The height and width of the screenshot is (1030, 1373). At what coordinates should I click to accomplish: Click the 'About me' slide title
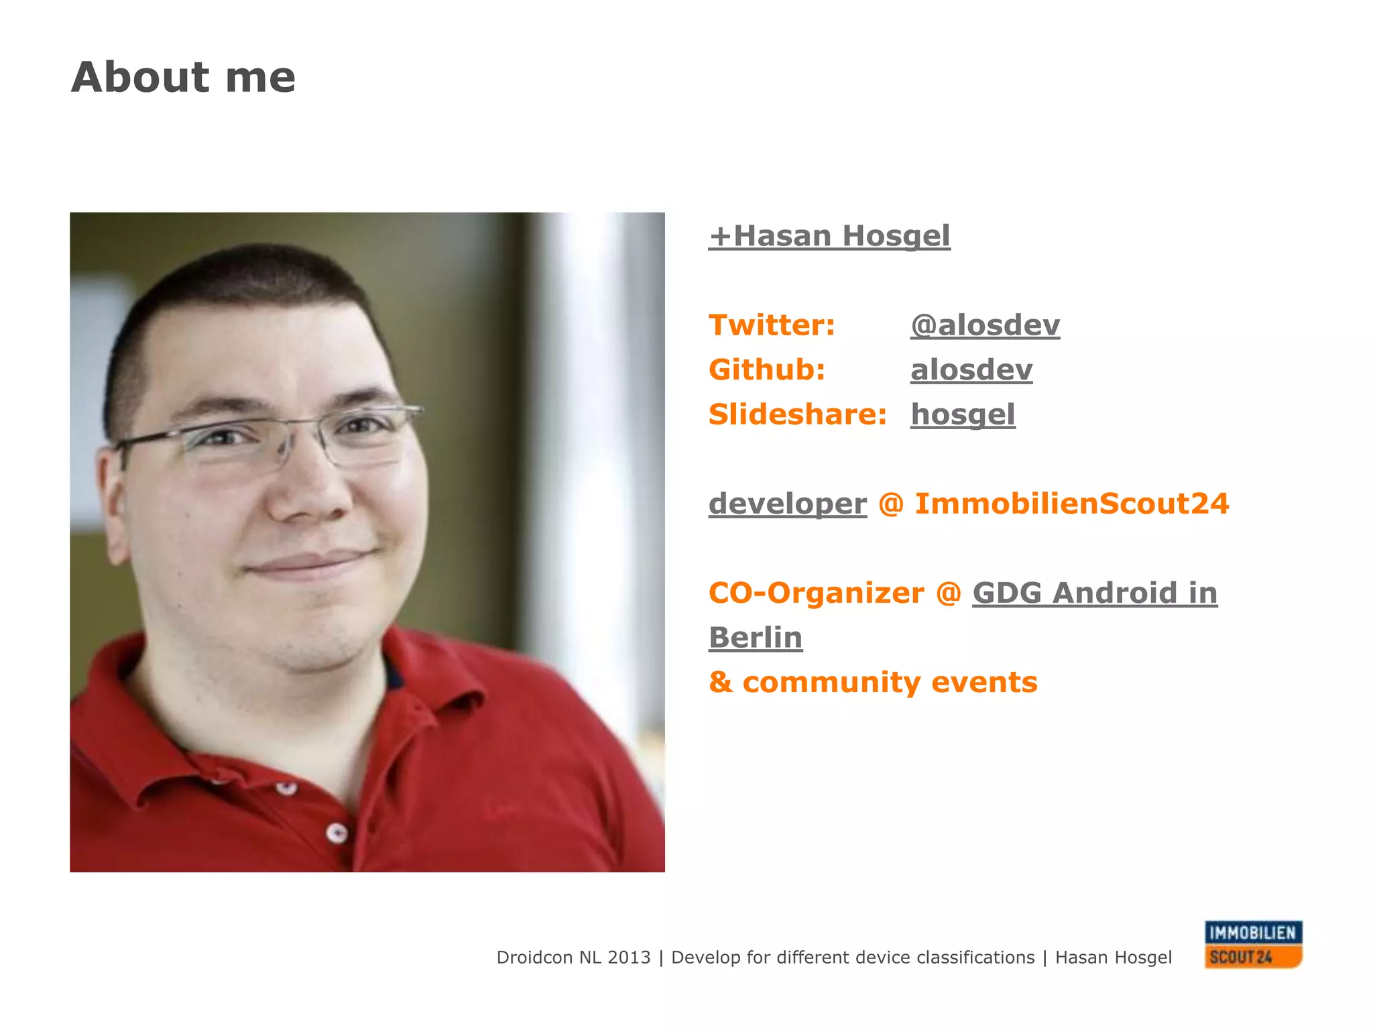(x=182, y=77)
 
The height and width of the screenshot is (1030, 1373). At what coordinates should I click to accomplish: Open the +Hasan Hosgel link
(x=829, y=236)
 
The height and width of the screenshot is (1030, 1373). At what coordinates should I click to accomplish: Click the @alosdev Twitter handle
(x=985, y=325)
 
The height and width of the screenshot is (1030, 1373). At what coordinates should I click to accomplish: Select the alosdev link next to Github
(x=971, y=370)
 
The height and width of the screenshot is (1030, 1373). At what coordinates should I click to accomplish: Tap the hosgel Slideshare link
(x=962, y=414)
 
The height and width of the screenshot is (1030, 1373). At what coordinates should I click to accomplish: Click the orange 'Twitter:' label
(x=772, y=325)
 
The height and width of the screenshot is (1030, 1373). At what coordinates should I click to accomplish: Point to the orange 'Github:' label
(x=766, y=370)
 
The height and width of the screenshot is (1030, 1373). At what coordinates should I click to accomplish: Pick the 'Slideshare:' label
(x=797, y=414)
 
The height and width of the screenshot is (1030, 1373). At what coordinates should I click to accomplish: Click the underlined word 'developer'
(x=787, y=504)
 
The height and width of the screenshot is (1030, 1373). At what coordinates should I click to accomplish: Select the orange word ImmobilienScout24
(x=1071, y=504)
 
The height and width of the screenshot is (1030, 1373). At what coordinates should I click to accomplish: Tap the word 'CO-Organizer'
(x=816, y=593)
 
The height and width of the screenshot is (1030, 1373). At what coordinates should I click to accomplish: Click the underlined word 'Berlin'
(x=755, y=638)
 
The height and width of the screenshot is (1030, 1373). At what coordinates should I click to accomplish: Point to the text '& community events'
(x=872, y=683)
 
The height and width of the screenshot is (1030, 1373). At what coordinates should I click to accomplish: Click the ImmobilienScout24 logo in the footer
(x=1252, y=944)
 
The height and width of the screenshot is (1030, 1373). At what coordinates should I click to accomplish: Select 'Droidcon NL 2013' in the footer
(x=573, y=958)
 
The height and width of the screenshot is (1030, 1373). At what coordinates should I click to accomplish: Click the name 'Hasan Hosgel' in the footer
(x=1113, y=958)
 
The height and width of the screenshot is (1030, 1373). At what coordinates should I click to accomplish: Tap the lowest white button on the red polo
(x=337, y=834)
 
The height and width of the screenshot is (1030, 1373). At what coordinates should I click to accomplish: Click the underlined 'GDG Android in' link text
(x=1094, y=593)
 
